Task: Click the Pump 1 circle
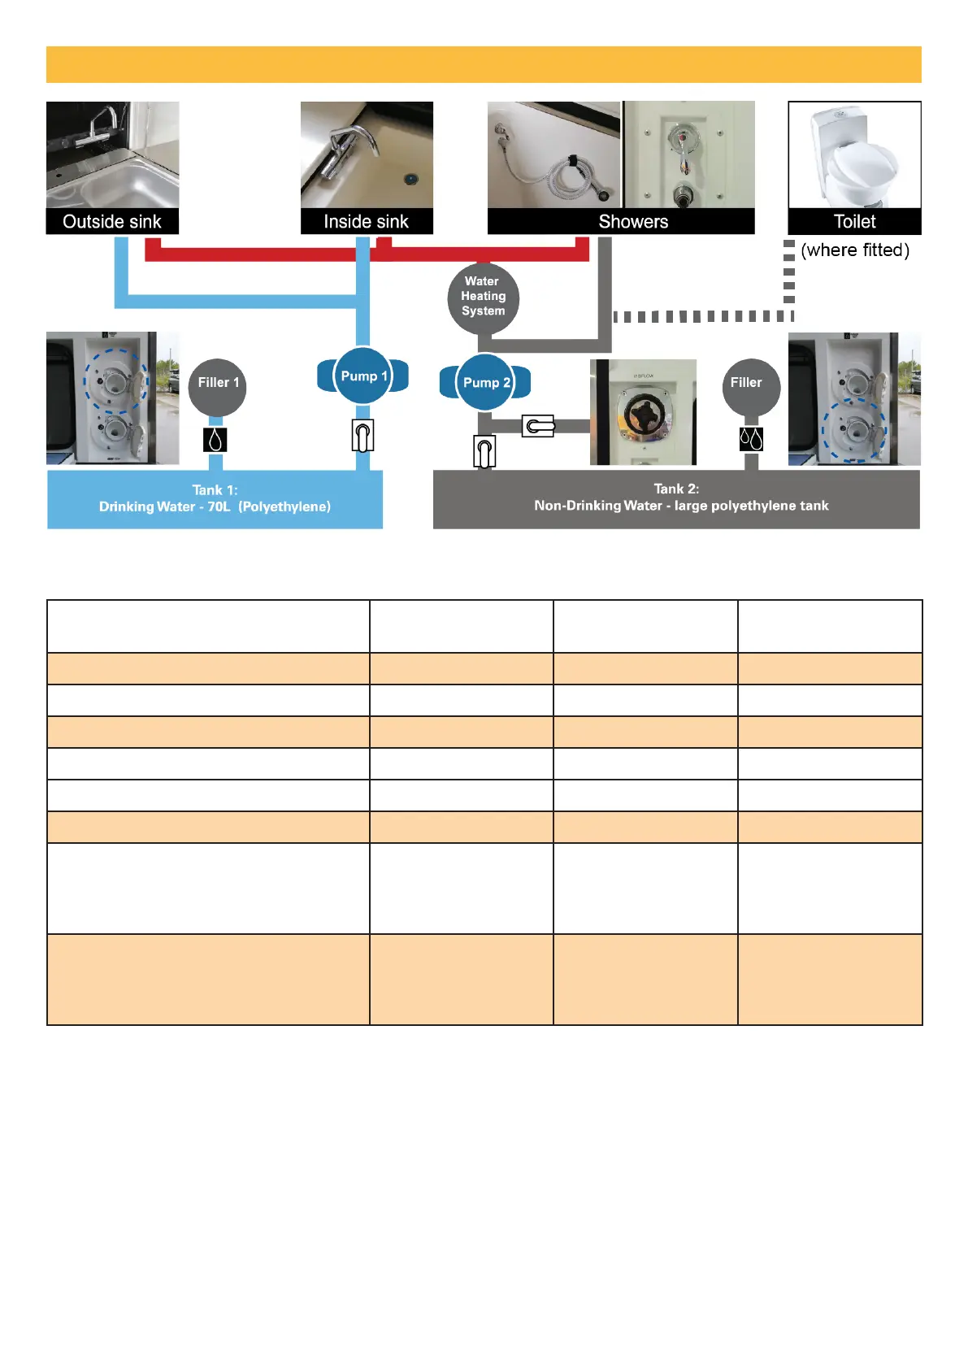(x=362, y=376)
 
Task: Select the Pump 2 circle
(x=485, y=382)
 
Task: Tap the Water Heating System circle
(x=483, y=297)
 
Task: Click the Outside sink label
(x=112, y=221)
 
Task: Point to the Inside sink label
(x=366, y=221)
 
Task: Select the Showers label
(x=632, y=221)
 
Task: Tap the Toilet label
(x=854, y=221)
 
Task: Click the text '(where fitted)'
(x=855, y=250)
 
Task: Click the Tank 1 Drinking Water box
(x=215, y=499)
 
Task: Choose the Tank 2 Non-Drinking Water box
(x=676, y=498)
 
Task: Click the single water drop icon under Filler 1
(x=215, y=440)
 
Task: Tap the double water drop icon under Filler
(x=751, y=440)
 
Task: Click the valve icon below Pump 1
(x=362, y=436)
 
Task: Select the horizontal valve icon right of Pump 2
(x=538, y=425)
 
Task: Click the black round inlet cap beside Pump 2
(x=644, y=412)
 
